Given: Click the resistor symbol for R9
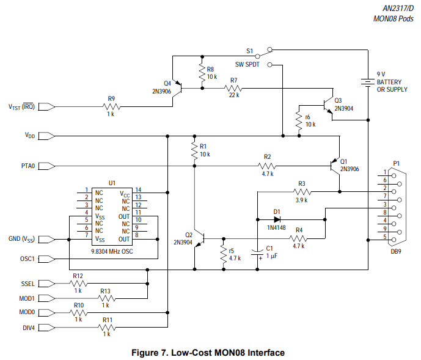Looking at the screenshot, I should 112,106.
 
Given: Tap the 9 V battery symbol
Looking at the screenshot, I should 367,81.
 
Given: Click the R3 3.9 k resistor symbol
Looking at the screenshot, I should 301,192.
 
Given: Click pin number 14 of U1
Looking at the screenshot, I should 138,190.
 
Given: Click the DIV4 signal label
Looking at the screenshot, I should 27,328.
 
